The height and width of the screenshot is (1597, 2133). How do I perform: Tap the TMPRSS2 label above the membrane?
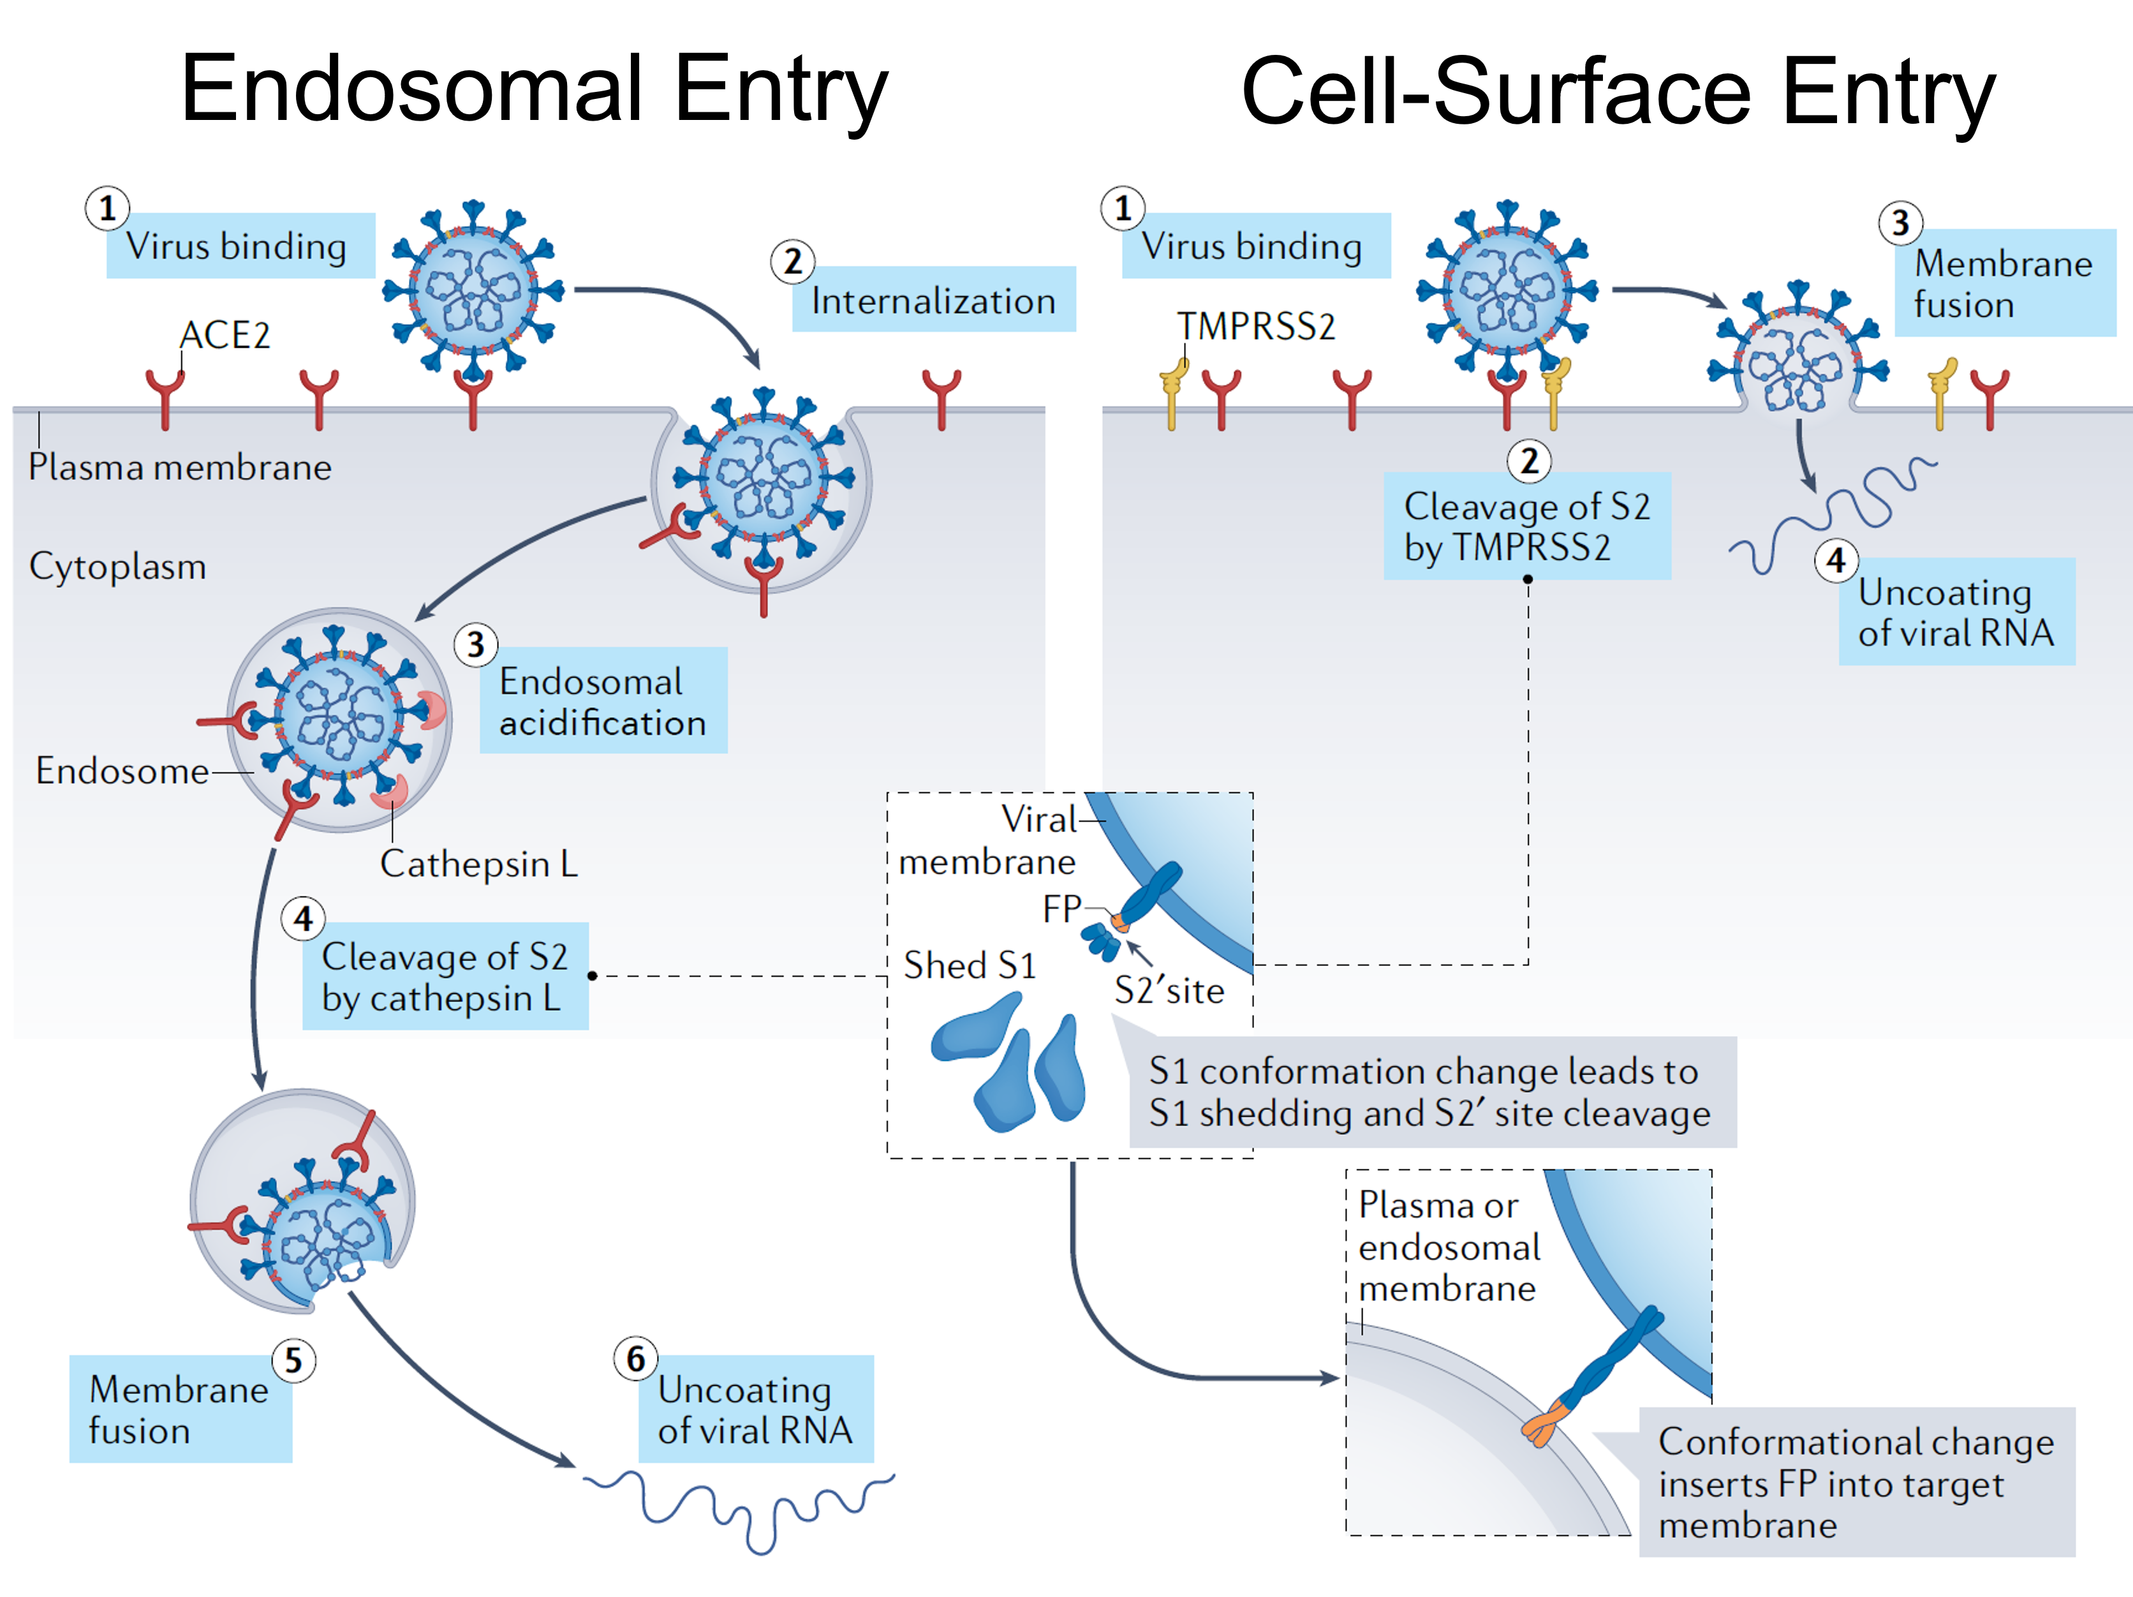(x=1255, y=327)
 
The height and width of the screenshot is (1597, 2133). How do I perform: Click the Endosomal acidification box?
(x=603, y=701)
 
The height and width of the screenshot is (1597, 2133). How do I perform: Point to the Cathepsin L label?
(x=478, y=864)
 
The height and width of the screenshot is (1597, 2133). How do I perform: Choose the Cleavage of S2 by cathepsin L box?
(x=445, y=977)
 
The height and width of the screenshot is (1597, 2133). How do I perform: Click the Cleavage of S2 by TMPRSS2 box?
(x=1526, y=526)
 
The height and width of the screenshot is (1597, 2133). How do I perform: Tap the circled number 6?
(x=635, y=1359)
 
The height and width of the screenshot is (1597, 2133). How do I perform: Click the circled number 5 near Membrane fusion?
(x=293, y=1361)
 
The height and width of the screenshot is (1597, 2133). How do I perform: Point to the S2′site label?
(x=1169, y=990)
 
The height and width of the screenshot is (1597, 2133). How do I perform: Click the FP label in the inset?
(x=1061, y=909)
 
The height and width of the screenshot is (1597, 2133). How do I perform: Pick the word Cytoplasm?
(x=117, y=566)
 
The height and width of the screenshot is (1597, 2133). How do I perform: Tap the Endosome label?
(x=121, y=771)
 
